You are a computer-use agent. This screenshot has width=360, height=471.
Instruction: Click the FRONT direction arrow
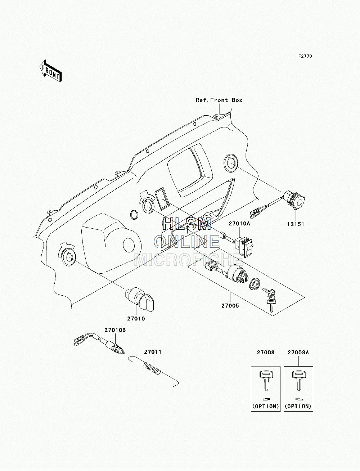pos(50,71)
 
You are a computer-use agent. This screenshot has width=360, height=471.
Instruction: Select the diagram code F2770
pos(305,56)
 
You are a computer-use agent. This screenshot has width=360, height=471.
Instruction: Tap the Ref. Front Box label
pos(219,100)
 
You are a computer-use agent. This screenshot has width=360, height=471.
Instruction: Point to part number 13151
pos(296,224)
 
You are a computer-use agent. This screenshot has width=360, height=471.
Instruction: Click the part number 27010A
pos(239,223)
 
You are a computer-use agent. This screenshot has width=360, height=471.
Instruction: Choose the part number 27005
pos(230,306)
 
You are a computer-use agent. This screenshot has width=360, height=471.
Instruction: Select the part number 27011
pos(153,352)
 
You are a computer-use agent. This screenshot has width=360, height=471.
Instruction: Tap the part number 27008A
pos(298,352)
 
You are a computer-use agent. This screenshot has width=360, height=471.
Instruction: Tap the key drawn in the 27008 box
pos(266,381)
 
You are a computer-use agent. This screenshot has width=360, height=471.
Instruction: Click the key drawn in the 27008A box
pos(299,381)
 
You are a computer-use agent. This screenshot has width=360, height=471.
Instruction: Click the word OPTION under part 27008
pos(266,406)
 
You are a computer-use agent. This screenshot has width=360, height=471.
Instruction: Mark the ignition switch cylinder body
pos(236,274)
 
